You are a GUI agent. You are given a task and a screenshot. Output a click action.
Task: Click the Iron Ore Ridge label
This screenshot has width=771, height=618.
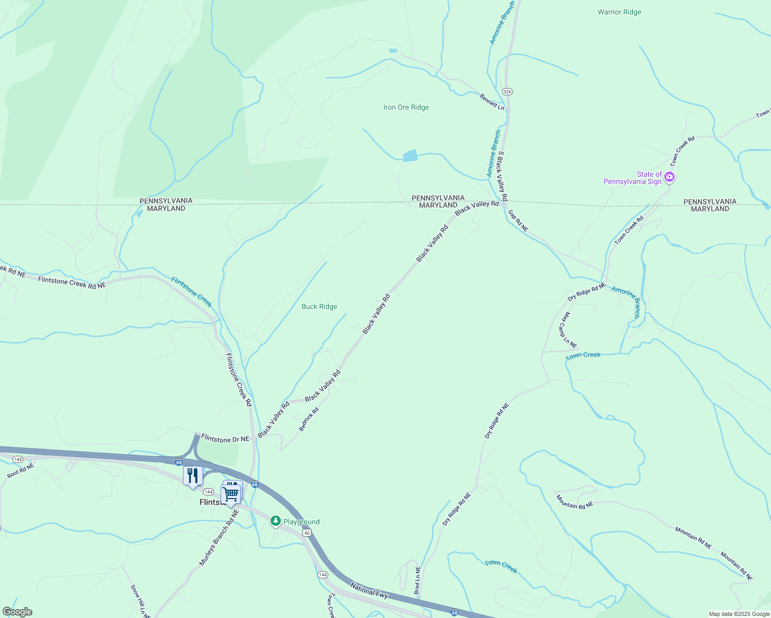(406, 108)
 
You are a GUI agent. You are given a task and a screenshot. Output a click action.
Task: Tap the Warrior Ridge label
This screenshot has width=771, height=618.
(619, 12)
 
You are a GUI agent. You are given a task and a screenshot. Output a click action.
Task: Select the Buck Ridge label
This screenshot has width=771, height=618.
(319, 307)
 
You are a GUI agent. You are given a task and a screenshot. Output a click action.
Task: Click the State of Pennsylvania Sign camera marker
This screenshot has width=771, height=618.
(669, 177)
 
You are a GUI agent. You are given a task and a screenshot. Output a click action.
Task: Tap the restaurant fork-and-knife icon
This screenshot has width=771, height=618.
(193, 475)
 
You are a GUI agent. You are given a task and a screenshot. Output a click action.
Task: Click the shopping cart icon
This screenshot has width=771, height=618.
(231, 494)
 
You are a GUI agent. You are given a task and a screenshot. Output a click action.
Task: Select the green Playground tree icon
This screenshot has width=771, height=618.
(276, 522)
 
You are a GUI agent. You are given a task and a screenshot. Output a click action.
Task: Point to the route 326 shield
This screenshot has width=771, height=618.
(508, 92)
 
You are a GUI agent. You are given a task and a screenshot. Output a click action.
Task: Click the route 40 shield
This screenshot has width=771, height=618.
(307, 533)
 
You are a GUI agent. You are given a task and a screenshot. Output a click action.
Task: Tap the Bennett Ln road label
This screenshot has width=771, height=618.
(492, 101)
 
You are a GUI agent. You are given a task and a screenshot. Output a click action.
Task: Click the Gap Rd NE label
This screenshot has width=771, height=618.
(518, 220)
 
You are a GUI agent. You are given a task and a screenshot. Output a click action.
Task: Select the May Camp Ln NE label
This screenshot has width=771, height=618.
(568, 330)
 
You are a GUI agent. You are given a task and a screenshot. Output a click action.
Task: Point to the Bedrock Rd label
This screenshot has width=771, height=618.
(309, 419)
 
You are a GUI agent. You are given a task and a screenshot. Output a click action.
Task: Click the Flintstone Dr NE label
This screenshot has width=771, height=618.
(225, 439)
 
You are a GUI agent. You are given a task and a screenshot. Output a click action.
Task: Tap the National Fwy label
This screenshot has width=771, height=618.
(369, 590)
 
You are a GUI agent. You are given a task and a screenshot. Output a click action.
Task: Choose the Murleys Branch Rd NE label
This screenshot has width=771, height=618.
(220, 538)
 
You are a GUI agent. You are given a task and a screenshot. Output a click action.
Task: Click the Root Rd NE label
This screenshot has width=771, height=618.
(21, 471)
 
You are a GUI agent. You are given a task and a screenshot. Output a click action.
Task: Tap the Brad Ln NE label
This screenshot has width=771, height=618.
(417, 581)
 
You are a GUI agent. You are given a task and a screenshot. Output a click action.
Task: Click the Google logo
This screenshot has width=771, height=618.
(18, 612)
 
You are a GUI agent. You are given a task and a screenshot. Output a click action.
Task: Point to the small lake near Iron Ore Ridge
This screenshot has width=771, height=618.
(410, 156)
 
